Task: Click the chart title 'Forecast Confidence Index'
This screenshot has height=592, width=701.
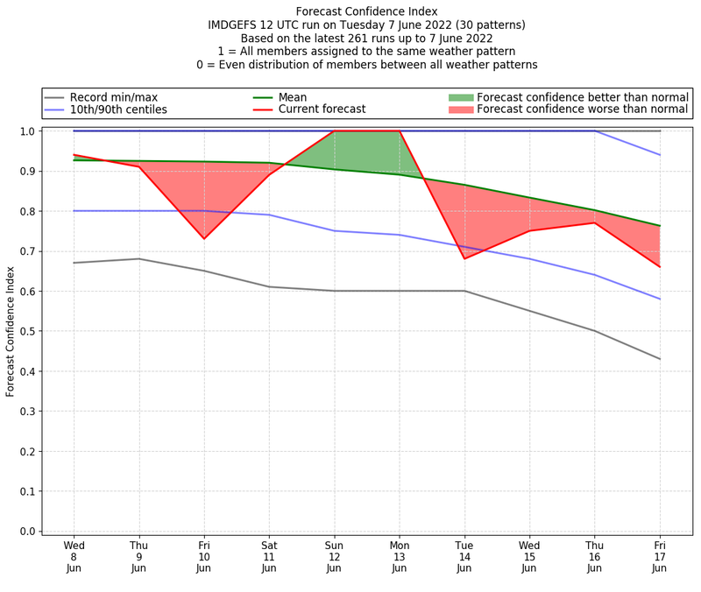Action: pos(366,11)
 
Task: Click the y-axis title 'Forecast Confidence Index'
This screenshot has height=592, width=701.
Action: pos(11,331)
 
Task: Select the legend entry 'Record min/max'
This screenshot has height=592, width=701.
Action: pos(113,97)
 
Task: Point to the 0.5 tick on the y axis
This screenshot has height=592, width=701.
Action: pos(29,331)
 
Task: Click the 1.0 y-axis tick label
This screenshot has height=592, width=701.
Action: pos(29,131)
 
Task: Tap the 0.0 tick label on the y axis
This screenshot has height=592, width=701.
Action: pos(29,532)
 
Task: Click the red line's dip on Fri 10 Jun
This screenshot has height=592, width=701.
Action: pos(204,238)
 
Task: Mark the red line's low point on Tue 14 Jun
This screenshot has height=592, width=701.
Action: pos(464,258)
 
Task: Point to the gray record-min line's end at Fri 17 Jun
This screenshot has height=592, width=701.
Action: pos(660,359)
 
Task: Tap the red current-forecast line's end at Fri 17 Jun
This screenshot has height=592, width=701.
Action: pos(660,267)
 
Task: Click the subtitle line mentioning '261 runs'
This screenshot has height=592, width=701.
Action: pos(366,39)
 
